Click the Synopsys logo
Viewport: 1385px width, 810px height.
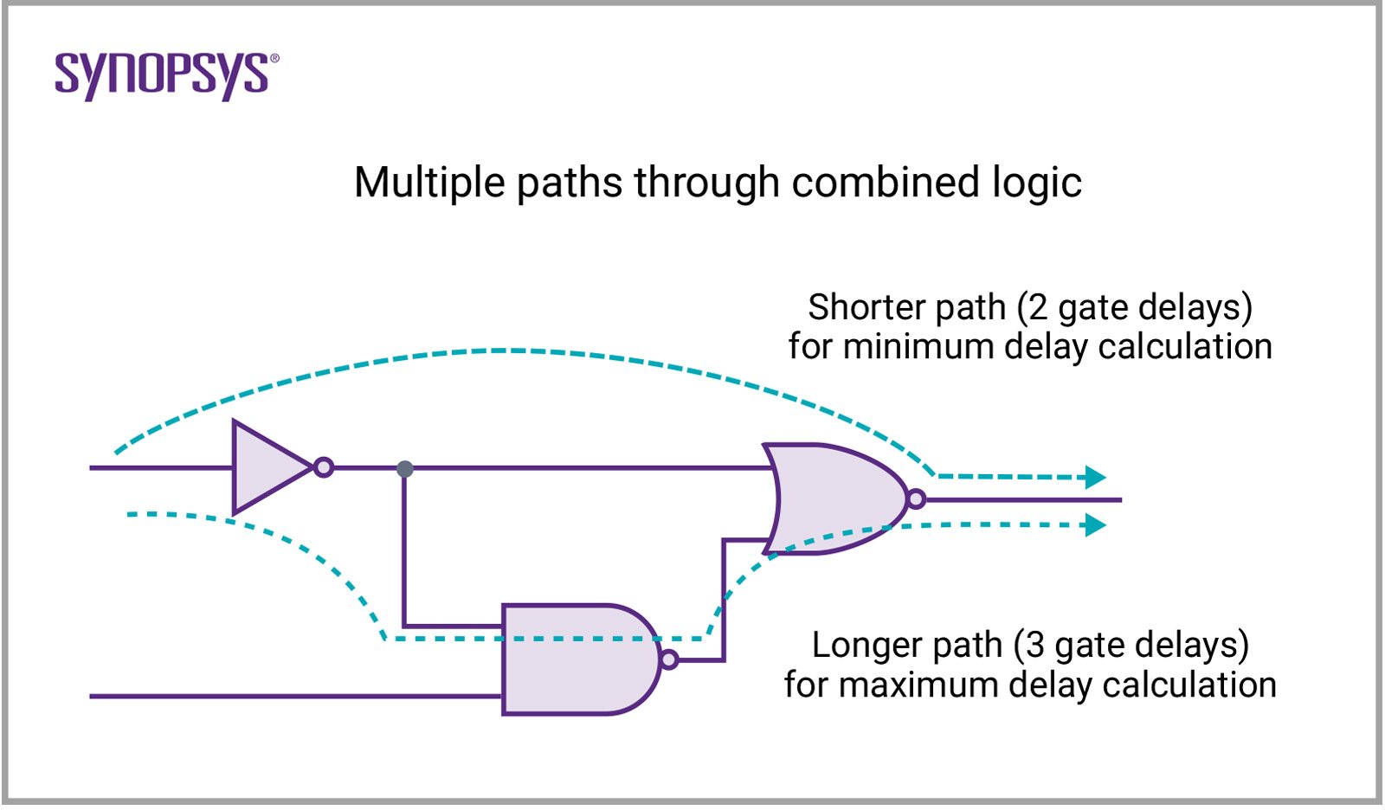pyautogui.click(x=162, y=75)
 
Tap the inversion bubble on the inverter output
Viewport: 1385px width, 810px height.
pyautogui.click(x=324, y=468)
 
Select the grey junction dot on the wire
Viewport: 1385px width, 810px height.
pyautogui.click(x=404, y=469)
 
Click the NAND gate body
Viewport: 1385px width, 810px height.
pyautogui.click(x=571, y=659)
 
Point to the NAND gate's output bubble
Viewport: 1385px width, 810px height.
pyautogui.click(x=668, y=660)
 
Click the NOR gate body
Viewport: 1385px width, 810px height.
pyautogui.click(x=831, y=499)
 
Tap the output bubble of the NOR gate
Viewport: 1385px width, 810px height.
pyautogui.click(x=916, y=499)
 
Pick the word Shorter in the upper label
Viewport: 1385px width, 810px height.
pyautogui.click(x=863, y=307)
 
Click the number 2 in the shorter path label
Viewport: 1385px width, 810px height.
pyautogui.click(x=1038, y=307)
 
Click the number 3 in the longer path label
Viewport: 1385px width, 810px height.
pyautogui.click(x=1034, y=646)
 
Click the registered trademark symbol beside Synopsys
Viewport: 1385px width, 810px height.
pyautogui.click(x=274, y=59)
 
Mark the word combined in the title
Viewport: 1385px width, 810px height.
pyautogui.click(x=881, y=183)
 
